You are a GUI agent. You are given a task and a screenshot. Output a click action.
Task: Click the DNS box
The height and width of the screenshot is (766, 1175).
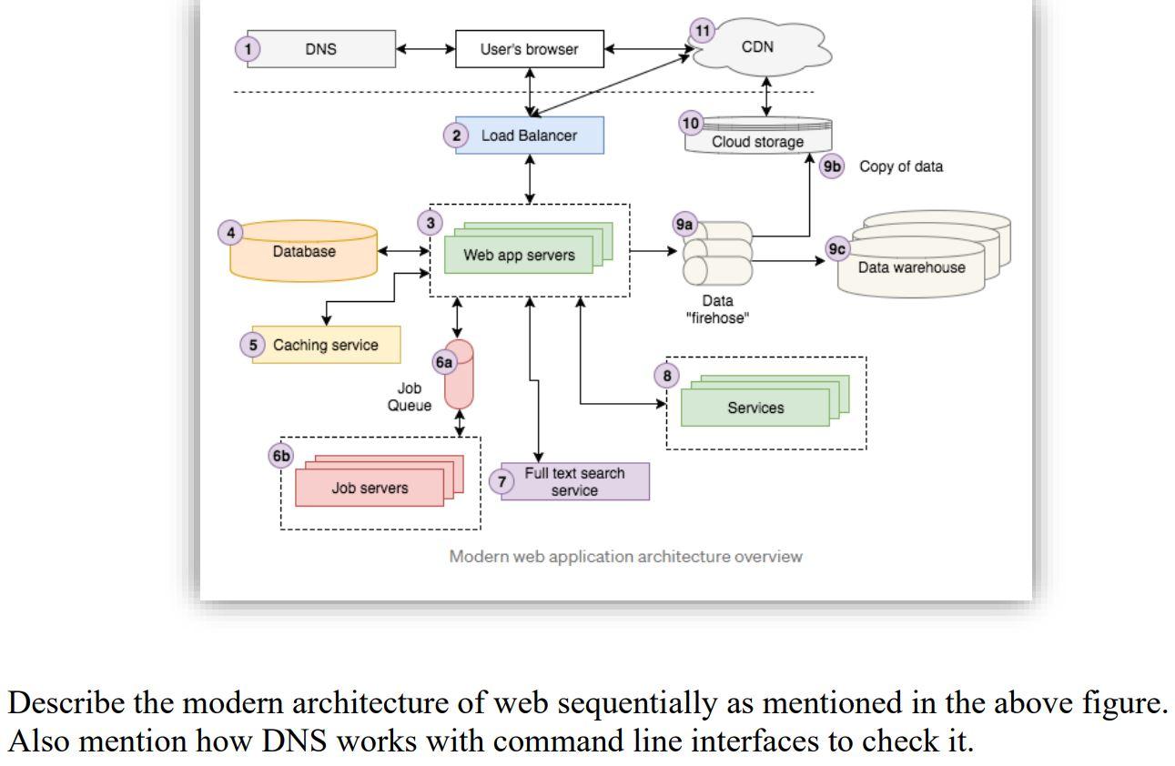tap(319, 49)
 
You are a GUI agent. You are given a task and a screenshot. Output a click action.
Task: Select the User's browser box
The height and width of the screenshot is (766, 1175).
tap(529, 49)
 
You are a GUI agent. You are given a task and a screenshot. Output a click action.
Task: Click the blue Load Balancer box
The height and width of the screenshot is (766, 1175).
tap(529, 136)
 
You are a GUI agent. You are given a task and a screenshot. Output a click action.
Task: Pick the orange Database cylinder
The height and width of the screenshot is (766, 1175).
tap(304, 251)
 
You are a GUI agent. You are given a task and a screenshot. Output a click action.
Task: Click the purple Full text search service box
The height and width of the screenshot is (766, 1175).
tap(574, 482)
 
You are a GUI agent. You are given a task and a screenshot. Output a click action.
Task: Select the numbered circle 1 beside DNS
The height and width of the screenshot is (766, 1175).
tap(248, 49)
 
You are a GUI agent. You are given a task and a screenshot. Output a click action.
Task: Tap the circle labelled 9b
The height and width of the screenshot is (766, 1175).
tap(833, 167)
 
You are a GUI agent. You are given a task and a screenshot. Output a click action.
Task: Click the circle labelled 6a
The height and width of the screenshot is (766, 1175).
tap(444, 363)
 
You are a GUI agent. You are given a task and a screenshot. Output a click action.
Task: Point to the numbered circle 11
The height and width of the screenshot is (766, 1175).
tap(702, 29)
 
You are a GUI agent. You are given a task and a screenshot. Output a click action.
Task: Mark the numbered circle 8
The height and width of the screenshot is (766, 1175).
tap(667, 375)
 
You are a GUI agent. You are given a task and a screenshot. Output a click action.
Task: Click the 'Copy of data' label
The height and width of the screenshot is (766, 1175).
tap(900, 167)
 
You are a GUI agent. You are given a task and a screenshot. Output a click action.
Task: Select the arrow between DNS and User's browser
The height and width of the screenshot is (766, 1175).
tap(425, 49)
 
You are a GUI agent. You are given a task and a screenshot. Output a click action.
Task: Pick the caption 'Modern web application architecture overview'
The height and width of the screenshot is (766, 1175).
tap(625, 557)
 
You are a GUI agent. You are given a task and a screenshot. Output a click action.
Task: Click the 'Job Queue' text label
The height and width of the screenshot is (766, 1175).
tap(410, 398)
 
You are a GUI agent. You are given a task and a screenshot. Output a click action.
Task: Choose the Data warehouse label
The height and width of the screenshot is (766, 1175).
tap(911, 267)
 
